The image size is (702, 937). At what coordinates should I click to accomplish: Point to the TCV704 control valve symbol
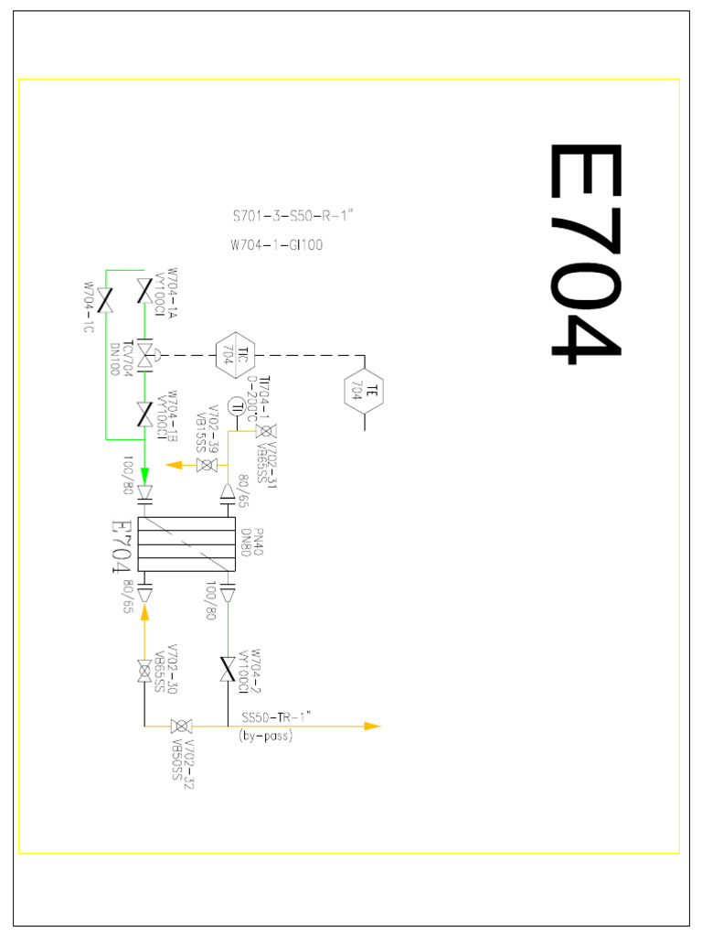(144, 352)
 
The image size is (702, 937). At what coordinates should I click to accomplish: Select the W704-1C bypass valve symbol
(106, 300)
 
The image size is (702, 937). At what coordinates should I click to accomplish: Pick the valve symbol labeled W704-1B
(144, 414)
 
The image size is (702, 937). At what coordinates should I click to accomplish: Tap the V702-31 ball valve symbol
(265, 431)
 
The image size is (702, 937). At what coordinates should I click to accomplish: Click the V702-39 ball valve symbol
(207, 465)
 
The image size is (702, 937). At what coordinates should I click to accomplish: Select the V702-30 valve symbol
(144, 671)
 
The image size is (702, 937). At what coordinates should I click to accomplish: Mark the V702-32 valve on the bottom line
(181, 727)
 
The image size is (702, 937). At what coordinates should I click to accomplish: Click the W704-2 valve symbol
(228, 668)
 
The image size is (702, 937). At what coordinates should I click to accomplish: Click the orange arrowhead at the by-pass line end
(370, 726)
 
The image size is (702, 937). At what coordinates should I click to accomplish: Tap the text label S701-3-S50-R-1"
(292, 218)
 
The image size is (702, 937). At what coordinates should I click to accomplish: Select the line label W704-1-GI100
(277, 244)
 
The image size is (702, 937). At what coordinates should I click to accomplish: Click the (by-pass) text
(266, 736)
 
